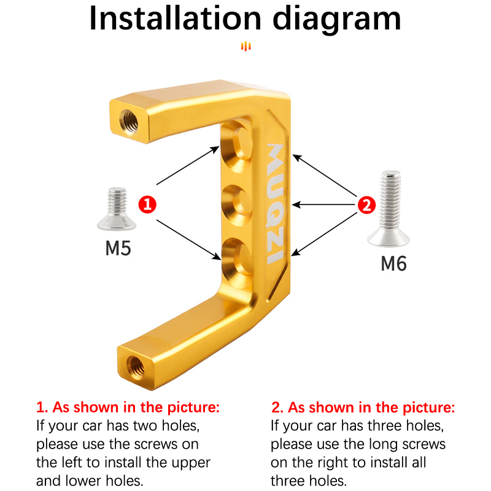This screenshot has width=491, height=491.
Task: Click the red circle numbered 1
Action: point(147,204)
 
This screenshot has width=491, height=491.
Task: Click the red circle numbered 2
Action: point(366,205)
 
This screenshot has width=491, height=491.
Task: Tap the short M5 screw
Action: point(117,209)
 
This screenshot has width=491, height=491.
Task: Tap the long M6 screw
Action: point(389,208)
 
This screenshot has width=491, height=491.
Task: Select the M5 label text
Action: point(118,249)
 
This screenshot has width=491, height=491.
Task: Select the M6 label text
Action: point(393,263)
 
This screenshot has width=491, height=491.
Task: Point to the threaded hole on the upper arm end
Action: point(129,121)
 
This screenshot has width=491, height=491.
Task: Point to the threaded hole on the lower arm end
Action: point(136,367)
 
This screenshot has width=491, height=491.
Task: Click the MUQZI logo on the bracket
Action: point(276,204)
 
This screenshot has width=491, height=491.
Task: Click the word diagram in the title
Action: point(337,20)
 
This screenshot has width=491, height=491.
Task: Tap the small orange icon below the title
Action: point(246,47)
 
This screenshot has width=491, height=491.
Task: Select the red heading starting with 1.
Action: point(128,408)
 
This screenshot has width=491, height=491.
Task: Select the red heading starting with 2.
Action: point(363,408)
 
